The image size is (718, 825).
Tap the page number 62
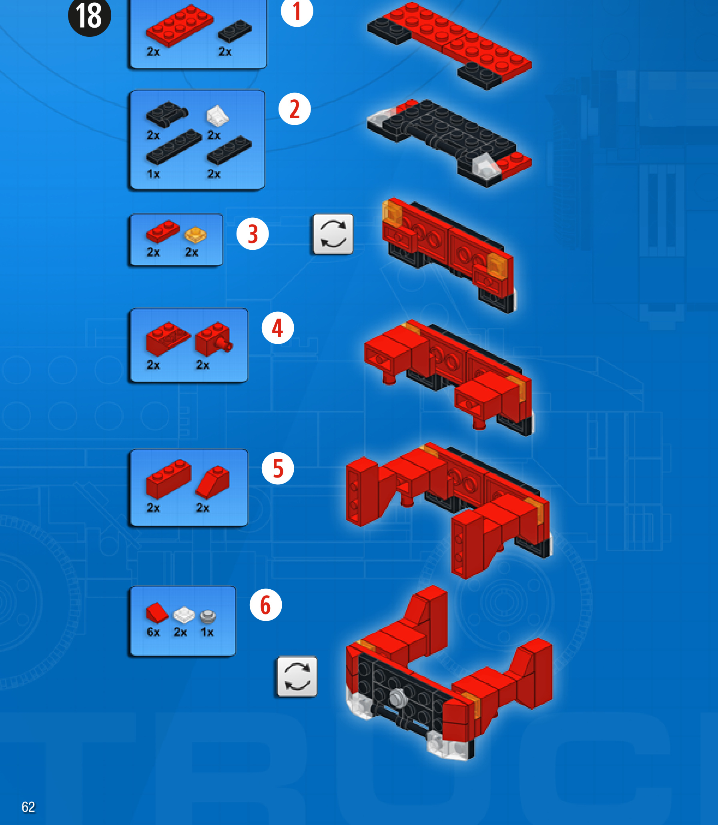28,807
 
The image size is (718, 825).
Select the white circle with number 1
297,11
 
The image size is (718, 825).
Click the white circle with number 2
295,109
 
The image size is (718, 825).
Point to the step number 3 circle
253,234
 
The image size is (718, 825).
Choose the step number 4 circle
278,328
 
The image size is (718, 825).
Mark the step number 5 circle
278,468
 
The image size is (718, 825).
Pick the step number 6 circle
266,605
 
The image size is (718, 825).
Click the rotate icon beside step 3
333,234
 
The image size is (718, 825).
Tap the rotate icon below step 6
297,677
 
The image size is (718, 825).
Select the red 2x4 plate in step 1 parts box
180,26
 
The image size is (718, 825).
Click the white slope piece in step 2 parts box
218,116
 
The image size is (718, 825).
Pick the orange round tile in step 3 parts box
196,235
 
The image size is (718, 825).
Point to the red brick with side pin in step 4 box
214,339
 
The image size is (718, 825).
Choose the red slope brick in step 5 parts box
213,482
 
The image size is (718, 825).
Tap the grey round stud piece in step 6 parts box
208,616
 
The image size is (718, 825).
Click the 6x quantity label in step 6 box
153,632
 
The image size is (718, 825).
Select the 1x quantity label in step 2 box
153,174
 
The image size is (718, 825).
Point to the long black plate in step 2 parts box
174,147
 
